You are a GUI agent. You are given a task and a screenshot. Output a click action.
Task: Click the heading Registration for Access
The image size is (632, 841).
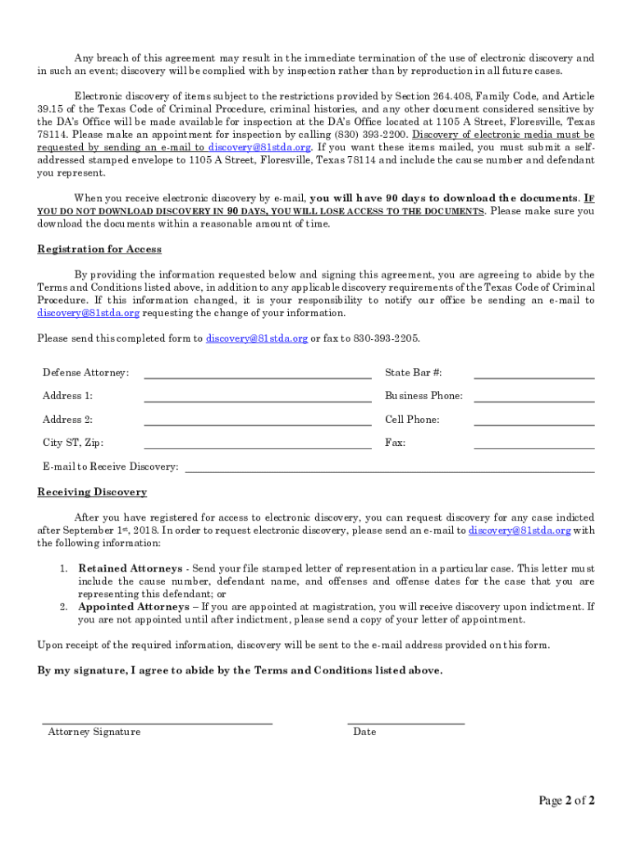[x=99, y=249]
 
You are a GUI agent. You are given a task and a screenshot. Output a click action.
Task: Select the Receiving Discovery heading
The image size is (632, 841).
[x=92, y=492]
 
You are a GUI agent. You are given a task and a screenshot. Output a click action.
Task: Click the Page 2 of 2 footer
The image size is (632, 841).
[x=566, y=800]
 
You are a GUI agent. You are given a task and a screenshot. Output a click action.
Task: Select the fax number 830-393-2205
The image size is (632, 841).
[x=386, y=338]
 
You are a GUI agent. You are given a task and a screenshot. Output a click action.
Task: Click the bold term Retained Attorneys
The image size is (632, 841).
[x=130, y=568]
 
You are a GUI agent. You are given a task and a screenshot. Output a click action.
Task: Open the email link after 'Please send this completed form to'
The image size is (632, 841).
[x=257, y=338]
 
